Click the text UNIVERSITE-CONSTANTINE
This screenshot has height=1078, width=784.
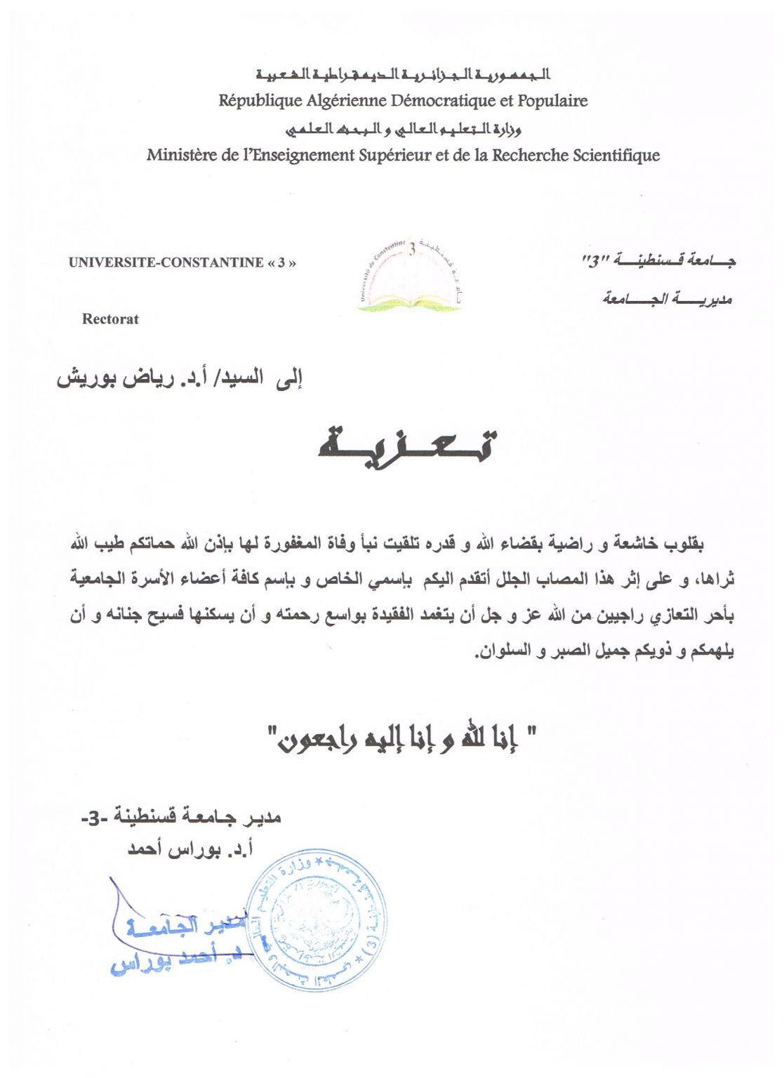click(166, 263)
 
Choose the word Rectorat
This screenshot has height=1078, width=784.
click(110, 319)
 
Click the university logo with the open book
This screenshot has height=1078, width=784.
click(410, 277)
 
